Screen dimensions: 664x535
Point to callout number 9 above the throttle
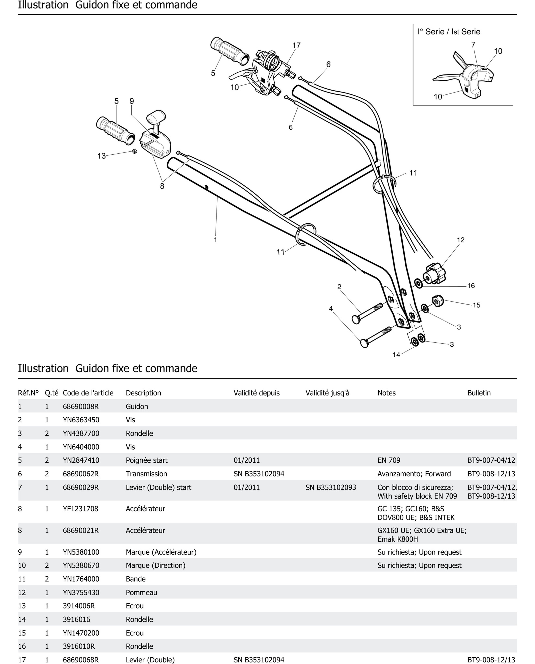click(x=132, y=101)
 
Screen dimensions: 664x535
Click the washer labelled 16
click(x=418, y=283)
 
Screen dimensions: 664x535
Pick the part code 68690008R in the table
click(x=81, y=406)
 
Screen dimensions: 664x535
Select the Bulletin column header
click(x=479, y=393)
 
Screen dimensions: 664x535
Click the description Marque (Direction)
click(x=155, y=565)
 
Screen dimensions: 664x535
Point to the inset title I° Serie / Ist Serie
click(x=449, y=32)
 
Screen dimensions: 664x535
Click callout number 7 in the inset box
click(x=473, y=45)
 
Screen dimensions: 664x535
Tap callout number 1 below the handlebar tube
click(x=215, y=239)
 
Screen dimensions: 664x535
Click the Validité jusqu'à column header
click(x=327, y=393)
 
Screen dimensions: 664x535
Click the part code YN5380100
click(x=81, y=552)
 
